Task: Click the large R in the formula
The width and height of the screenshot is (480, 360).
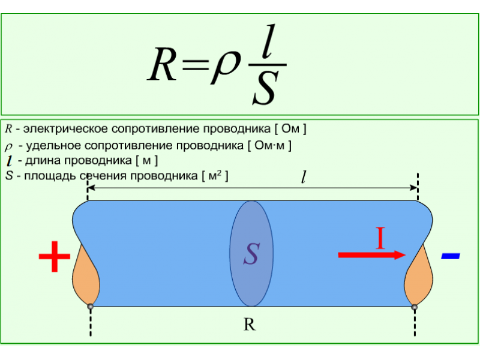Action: pos(162,64)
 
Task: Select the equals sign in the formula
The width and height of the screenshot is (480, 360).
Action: pos(196,65)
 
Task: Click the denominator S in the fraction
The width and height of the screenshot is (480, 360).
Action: pos(265,87)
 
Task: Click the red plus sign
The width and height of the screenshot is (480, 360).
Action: pos(55,256)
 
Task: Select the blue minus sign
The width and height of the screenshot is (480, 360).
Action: pos(451,256)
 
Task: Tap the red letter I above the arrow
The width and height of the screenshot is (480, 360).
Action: pos(380,238)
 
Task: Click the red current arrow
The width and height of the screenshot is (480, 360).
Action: pos(372,255)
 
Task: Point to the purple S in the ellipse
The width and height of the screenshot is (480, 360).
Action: pos(251,254)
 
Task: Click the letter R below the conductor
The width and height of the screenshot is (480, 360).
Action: pos(250,325)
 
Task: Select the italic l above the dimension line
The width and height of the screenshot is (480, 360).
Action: pos(304,177)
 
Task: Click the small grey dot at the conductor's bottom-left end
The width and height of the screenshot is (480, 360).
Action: pos(91,306)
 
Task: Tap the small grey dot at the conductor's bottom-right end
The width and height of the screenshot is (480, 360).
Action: pos(414,307)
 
